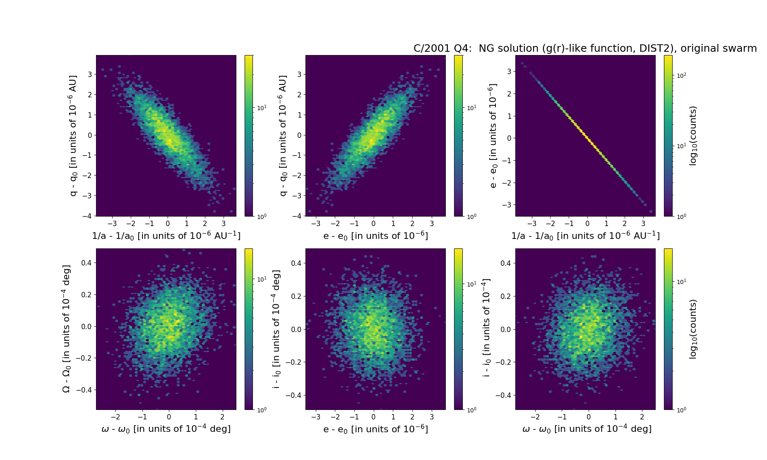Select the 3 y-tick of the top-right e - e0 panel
pos(509,72)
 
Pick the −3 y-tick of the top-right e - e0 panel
pos(507,205)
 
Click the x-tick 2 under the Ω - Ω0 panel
pos(222,417)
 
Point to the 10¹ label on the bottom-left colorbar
pos(262,279)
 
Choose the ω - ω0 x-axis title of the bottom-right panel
pos(587,429)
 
